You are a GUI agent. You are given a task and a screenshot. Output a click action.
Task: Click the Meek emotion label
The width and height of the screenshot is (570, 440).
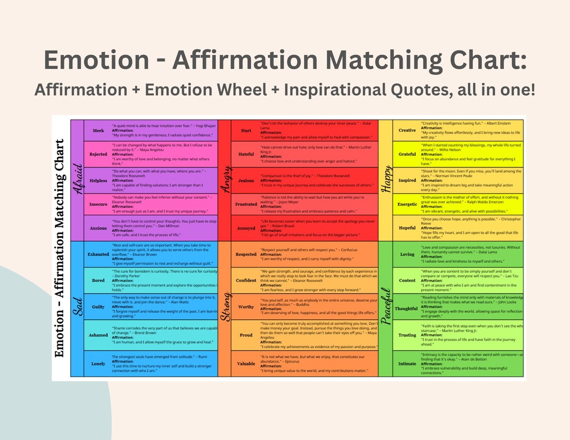(x=98, y=131)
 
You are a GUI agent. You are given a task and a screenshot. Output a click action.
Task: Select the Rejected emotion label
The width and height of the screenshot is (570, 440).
(x=98, y=155)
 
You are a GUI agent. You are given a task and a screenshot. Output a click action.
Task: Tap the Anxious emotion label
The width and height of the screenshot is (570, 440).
(x=98, y=228)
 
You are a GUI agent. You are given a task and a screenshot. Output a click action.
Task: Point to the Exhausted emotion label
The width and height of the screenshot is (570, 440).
(x=98, y=254)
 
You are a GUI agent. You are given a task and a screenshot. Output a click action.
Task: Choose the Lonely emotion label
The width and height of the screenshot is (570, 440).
(x=98, y=364)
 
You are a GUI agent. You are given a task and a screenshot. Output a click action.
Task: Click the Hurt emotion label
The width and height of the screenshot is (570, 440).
(x=246, y=131)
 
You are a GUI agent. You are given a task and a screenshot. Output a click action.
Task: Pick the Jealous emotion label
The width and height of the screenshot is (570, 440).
(x=246, y=180)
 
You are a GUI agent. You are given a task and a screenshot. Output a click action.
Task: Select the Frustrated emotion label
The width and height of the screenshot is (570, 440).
(x=246, y=204)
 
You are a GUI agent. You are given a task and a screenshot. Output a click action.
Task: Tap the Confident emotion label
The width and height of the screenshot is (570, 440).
(x=246, y=281)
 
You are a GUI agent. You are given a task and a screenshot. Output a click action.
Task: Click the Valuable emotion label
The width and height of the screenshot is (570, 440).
(x=246, y=364)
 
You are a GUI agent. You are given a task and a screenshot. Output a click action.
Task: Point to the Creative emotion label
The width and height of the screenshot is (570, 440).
(x=407, y=130)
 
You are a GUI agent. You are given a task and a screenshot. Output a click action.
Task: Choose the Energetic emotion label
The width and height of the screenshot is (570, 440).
(x=407, y=204)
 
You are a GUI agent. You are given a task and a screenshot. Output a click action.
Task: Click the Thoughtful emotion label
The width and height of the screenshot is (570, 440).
(x=406, y=309)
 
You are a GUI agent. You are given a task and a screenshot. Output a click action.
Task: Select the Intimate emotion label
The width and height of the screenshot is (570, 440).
(x=407, y=364)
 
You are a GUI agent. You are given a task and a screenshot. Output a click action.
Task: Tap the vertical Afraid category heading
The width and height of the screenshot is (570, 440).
(x=77, y=179)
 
